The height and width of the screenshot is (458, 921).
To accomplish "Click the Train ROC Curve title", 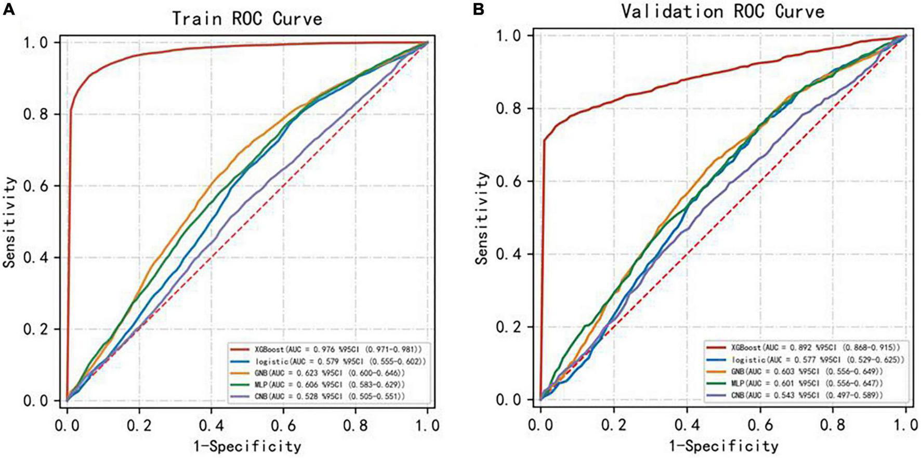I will [x=247, y=19].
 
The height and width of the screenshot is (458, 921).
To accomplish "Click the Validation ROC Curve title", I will [x=722, y=11].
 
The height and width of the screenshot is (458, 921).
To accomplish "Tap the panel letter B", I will [x=478, y=10].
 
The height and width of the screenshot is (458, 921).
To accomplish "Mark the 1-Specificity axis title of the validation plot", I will [x=723, y=446].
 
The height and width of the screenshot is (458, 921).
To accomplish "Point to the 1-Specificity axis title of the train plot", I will [x=247, y=446].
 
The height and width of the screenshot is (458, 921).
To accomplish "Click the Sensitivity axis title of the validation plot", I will [x=483, y=218].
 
